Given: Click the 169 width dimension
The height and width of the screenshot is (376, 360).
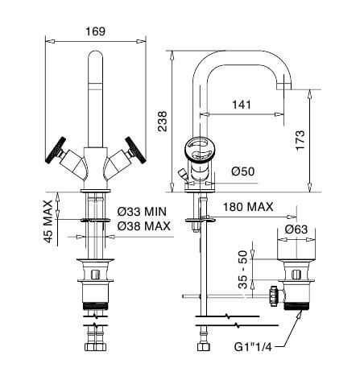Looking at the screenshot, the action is tap(95, 31).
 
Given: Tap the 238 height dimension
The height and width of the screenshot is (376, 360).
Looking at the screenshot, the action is tap(163, 121).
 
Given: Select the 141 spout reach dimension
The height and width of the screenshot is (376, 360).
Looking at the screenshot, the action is tap(242, 104).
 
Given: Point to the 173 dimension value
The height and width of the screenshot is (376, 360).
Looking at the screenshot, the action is tap(300, 140).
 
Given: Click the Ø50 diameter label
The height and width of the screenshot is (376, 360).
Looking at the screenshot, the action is tap(242, 171).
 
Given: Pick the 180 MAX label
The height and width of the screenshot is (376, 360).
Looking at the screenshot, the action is tap(248, 207).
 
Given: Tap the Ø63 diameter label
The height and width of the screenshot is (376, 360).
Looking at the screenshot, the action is tap(296, 229).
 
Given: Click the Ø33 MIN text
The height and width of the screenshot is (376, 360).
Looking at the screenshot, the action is tap(142, 212).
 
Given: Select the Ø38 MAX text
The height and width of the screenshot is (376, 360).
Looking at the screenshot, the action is tap(143, 226).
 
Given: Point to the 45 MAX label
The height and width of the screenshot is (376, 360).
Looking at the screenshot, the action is tap(48, 221).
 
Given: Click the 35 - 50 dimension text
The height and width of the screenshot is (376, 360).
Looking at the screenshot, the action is tap(242, 270).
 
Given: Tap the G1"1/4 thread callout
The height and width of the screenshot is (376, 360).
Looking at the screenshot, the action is tap(253, 347).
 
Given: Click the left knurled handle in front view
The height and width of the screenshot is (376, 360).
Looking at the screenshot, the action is tap(56, 151).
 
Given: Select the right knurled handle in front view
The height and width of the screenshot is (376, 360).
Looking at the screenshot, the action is tap(136, 150).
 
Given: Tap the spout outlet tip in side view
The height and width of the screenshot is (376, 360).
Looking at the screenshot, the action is tap(283, 86).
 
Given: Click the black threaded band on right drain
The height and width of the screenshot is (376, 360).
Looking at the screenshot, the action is tap(296, 305).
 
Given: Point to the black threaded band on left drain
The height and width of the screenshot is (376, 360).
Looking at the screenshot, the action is tap(95, 305).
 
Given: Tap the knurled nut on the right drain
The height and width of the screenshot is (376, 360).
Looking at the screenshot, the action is tap(274, 296).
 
